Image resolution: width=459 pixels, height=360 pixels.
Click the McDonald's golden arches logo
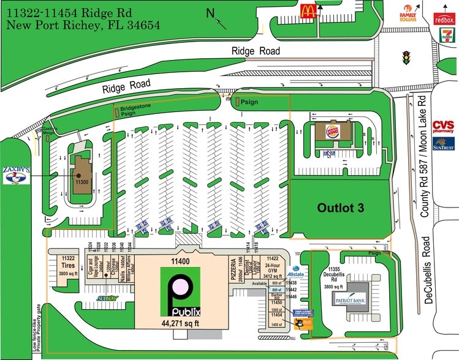307,10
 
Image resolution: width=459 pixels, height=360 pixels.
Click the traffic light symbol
405,58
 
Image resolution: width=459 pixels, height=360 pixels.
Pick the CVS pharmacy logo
443,127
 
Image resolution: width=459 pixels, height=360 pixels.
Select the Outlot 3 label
340,208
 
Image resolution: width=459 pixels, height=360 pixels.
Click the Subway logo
107,299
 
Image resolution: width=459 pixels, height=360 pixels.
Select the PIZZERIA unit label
233,269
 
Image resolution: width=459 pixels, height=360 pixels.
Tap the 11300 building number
82,182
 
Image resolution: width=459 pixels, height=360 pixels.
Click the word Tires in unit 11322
68,266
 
